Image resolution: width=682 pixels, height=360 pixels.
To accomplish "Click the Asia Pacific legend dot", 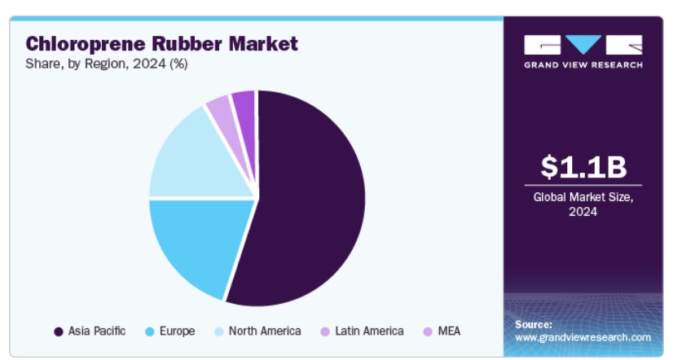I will pos(58,331).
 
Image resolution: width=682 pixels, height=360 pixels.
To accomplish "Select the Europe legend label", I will pos(177,331).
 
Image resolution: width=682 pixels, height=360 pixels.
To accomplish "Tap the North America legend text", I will pos(265,331).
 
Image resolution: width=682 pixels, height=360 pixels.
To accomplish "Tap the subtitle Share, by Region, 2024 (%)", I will pos(107,64).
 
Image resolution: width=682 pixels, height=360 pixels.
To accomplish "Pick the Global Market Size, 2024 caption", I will pos(583,204).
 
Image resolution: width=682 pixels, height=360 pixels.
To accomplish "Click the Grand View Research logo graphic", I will pos(583,44).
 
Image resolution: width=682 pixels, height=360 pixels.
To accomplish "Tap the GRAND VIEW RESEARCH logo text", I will pos(583,64).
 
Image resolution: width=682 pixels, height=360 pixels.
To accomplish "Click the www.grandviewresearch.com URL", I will pos(583,337).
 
